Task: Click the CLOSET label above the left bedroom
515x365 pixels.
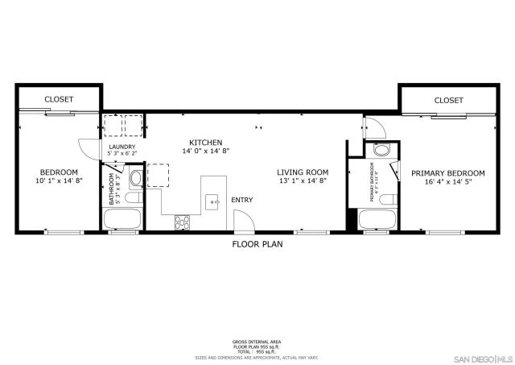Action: (59, 99)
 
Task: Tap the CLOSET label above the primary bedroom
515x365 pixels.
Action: (448, 100)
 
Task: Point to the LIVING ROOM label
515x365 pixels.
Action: (303, 172)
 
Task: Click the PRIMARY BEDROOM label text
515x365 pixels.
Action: (448, 173)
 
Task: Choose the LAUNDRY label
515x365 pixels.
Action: (122, 147)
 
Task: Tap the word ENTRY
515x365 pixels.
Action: (241, 200)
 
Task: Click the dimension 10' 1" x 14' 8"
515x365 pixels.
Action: (59, 181)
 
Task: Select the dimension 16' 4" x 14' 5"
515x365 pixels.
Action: (448, 182)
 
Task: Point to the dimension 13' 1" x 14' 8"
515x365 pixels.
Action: (303, 181)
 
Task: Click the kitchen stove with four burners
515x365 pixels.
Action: (183, 220)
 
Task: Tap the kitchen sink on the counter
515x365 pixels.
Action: (212, 201)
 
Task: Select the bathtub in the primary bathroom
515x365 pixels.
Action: (375, 218)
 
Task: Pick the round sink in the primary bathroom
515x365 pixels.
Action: (381, 150)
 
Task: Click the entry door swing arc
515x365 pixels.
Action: (241, 222)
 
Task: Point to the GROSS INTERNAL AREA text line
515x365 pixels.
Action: (256, 342)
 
